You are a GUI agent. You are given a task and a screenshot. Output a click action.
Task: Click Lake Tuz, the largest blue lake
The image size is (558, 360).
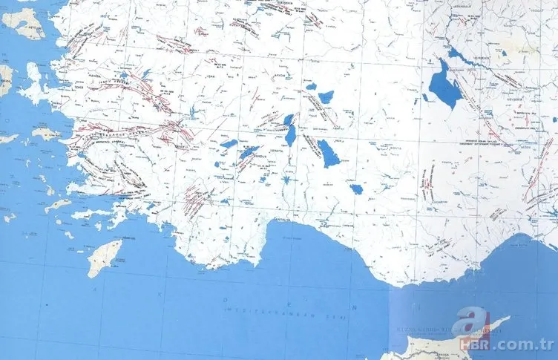point(444,85)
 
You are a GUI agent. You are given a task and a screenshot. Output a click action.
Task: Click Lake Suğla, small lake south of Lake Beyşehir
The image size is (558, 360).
point(357,189)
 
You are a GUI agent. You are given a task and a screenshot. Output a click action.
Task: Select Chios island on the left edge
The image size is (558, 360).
point(7,78)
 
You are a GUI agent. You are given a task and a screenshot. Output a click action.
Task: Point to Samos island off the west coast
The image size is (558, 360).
point(46,134)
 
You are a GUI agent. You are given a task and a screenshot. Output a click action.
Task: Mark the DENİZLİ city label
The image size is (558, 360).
point(181,147)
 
